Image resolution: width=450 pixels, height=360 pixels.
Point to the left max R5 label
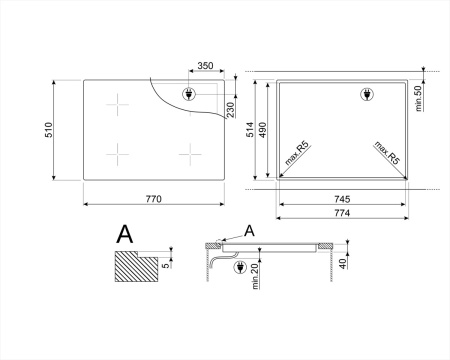[x=295, y=158]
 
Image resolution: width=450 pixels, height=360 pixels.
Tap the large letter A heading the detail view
[x=125, y=235]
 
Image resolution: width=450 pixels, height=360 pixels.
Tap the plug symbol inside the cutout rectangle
[x=367, y=96]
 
